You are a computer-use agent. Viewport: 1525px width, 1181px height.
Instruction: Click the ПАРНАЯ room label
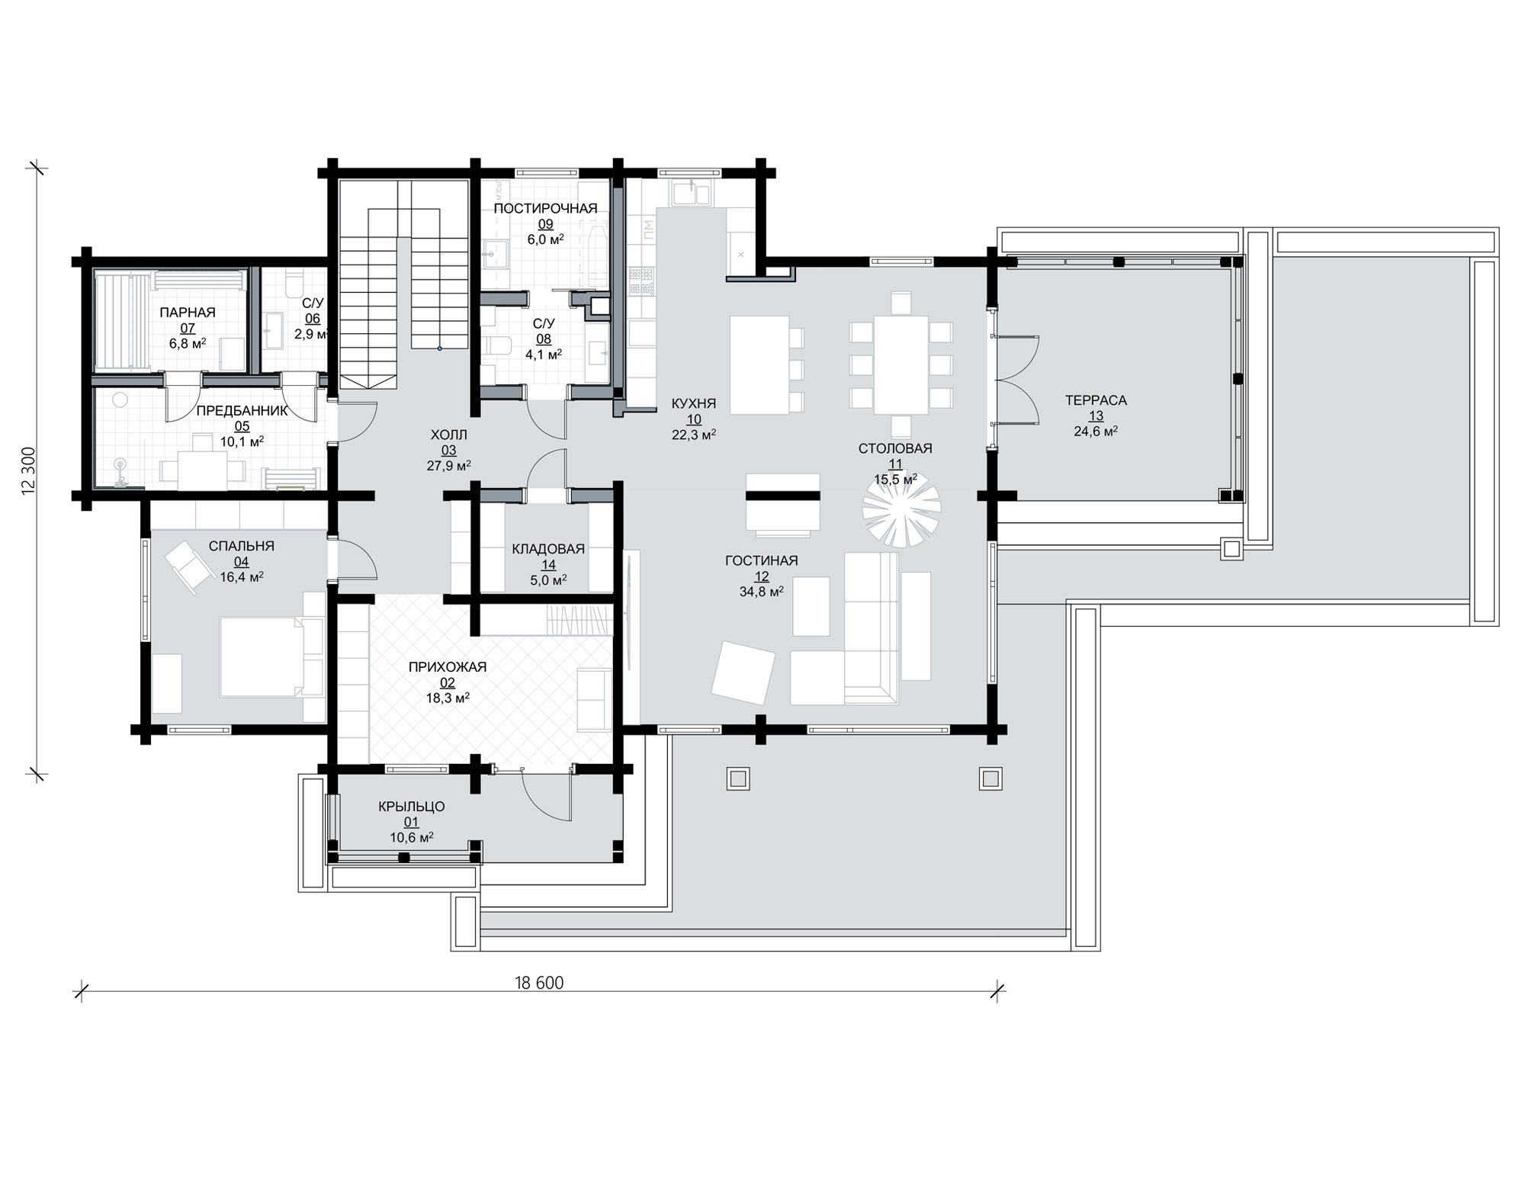coord(188,313)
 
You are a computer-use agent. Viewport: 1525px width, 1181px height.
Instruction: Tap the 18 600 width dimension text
coord(539,983)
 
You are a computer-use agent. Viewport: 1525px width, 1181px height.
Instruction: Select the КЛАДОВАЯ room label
coord(548,549)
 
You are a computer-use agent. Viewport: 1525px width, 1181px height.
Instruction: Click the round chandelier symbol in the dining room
coord(901,508)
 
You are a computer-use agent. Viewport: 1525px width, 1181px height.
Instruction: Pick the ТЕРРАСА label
coord(1096,400)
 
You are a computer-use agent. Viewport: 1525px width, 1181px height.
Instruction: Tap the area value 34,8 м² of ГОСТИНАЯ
coord(762,592)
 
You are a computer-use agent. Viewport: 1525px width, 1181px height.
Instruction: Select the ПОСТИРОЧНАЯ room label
coord(545,208)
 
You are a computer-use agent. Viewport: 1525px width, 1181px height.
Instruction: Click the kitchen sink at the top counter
coord(692,193)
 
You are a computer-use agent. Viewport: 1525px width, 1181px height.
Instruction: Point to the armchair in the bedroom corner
coord(188,565)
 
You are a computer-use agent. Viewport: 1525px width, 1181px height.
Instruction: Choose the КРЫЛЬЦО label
coord(412,807)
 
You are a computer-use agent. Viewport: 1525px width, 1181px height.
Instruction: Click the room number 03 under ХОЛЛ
coord(448,451)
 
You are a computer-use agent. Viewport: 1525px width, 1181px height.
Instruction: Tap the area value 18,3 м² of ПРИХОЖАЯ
coord(448,698)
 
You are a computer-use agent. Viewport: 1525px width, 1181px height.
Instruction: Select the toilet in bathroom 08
coord(496,348)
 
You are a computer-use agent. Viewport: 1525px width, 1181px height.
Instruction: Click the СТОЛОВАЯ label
coord(895,448)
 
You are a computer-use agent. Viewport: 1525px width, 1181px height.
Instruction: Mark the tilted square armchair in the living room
coord(743,672)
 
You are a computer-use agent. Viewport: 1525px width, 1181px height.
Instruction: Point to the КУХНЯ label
coord(694,403)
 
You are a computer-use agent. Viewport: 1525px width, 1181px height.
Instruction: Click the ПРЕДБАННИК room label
coord(242,410)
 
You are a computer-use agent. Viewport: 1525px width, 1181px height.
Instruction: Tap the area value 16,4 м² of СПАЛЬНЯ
coord(242,577)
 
